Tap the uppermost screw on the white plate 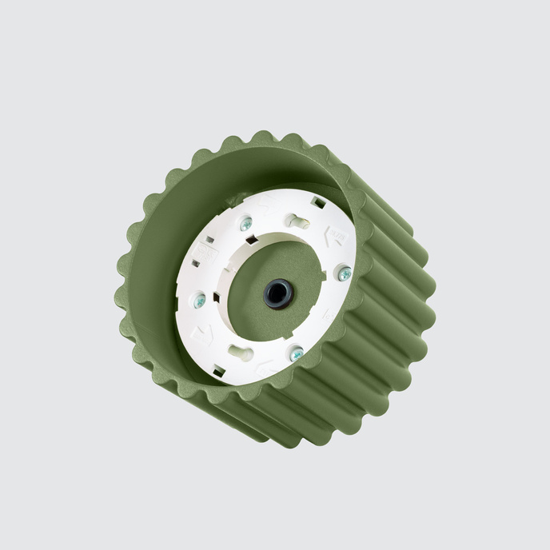pos(246,225)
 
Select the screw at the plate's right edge pos(345,273)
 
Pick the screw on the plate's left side pos(200,301)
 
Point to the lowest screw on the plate pos(297,354)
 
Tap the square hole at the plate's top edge pos(318,203)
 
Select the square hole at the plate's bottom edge pos(219,370)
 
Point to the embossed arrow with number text pos(335,236)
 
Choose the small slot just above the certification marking pos(209,239)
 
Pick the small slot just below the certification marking pos(196,263)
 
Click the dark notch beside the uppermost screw pos(252,239)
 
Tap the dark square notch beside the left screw pos(216,297)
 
